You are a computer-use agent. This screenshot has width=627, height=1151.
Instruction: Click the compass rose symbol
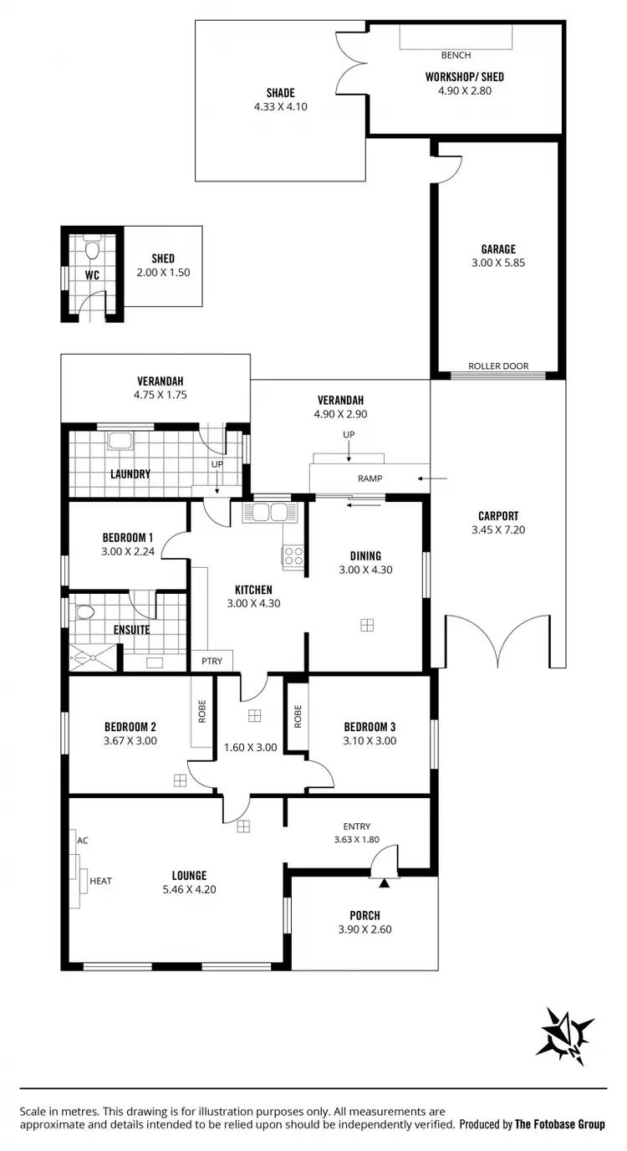coord(568,1031)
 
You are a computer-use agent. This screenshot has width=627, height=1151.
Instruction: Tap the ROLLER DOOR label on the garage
coord(497,366)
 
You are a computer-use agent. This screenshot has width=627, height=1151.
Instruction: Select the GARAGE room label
coord(497,248)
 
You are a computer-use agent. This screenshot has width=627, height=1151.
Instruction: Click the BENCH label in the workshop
coord(456,55)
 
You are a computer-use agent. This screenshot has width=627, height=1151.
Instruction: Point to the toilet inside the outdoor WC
coord(92,248)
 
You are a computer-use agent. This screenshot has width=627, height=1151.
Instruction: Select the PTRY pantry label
coord(212,661)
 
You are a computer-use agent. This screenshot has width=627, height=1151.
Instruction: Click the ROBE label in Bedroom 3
coord(297,716)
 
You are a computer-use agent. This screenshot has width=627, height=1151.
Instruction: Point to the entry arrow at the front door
coord(385,882)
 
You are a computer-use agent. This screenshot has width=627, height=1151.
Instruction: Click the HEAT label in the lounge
coord(100,880)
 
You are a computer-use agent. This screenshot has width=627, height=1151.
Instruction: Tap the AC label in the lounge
coord(82,840)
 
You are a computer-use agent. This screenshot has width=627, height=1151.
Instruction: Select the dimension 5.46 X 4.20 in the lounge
coord(191,889)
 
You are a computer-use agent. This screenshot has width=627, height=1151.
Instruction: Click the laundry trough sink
coord(119,442)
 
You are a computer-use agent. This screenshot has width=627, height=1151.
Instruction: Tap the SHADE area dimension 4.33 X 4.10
coord(281,106)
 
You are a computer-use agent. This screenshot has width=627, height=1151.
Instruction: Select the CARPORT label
coord(498,516)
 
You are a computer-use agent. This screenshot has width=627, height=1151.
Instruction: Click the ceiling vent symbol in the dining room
coord(366,624)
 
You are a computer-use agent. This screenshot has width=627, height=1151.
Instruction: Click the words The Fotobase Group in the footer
coord(559,1124)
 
